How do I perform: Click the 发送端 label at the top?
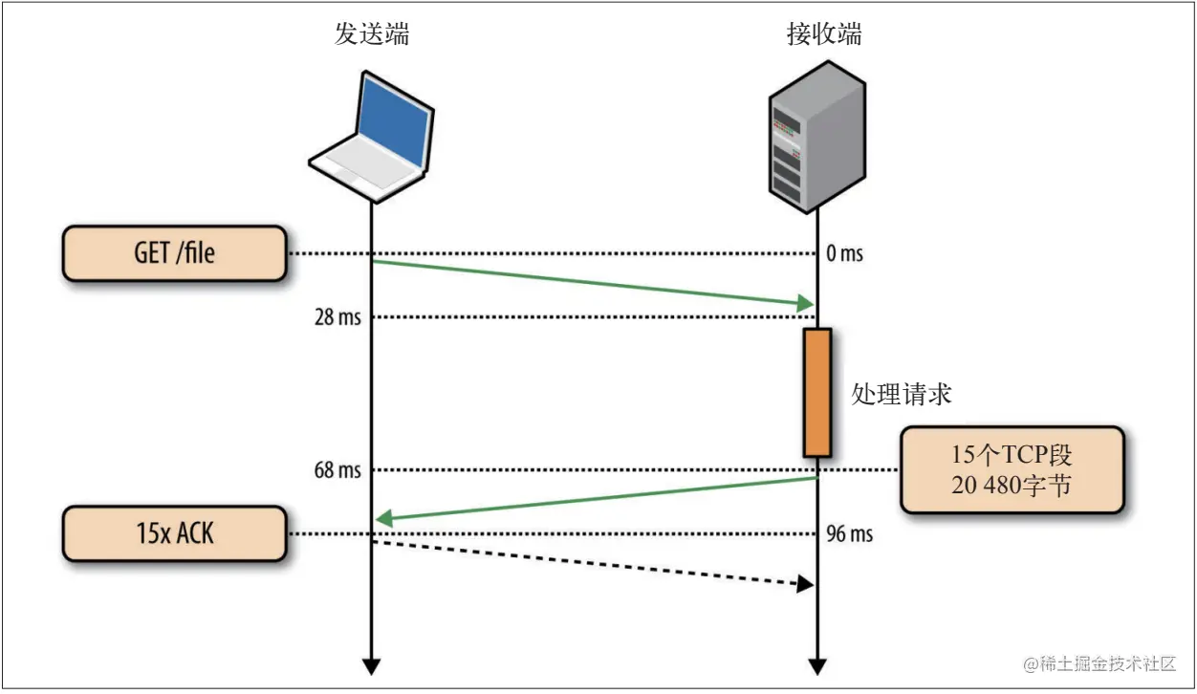372,35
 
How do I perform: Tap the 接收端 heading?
824,35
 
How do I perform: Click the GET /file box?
175,253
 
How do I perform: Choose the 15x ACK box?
175,533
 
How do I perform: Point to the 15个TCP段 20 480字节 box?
1012,470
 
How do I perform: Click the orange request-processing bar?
817,392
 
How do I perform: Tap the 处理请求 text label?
902,394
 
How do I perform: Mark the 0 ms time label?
844,253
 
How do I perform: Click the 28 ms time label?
337,317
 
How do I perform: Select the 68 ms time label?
337,470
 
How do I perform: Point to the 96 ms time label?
849,533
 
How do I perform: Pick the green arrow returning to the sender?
593,499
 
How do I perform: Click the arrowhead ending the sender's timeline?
371,665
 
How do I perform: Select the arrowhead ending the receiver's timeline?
817,665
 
